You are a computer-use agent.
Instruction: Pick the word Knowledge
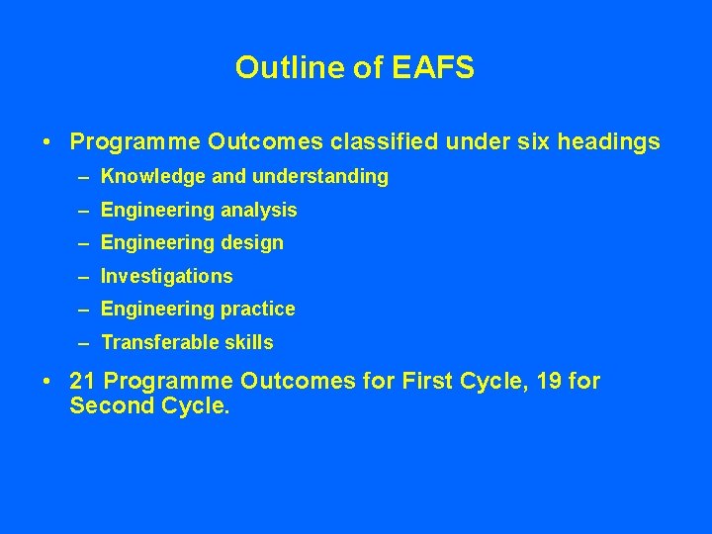click(146, 177)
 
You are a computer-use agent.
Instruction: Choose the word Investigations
click(166, 277)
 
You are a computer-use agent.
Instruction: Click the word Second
click(112, 405)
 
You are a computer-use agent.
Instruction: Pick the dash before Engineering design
click(84, 243)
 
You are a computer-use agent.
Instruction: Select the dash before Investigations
click(84, 277)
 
